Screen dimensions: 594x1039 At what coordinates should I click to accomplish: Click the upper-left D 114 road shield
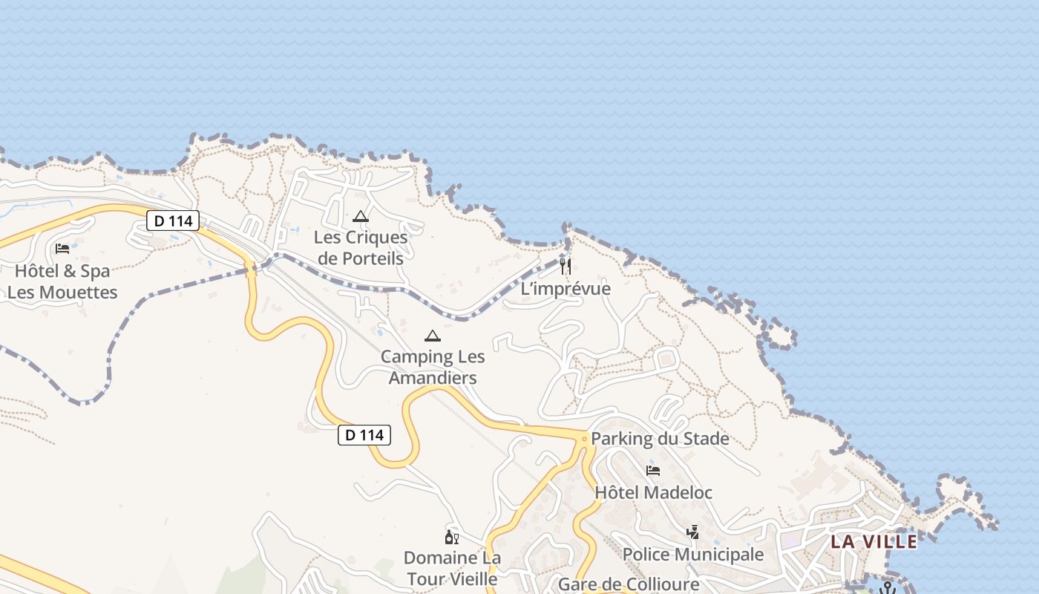173,221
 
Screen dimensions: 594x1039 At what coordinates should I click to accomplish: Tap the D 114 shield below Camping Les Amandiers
364,435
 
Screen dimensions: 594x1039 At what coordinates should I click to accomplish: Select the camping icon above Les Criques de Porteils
361,217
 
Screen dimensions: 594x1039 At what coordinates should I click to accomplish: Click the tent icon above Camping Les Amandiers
432,336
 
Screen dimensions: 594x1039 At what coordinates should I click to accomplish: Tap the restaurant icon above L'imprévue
566,267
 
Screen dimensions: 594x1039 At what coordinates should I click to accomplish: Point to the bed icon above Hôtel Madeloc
653,471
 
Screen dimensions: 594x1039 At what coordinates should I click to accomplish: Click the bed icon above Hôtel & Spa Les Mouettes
62,248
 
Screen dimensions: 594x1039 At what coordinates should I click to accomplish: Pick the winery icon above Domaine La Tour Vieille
451,537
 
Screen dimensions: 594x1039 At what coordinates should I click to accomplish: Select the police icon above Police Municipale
692,532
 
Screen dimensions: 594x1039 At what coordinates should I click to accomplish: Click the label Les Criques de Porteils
360,248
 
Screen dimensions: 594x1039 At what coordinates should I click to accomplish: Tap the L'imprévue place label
566,289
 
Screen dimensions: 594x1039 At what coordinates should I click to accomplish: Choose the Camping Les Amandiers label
433,367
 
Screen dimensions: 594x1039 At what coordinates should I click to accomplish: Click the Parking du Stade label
660,439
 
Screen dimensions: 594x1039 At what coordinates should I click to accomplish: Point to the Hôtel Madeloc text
653,492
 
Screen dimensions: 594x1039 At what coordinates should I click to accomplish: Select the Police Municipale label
692,555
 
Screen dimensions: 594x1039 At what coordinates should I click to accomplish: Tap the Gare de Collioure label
629,584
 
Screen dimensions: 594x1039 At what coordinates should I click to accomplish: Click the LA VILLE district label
874,541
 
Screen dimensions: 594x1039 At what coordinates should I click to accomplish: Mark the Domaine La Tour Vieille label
452,568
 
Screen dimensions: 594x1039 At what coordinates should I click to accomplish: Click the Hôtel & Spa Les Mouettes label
62,281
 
